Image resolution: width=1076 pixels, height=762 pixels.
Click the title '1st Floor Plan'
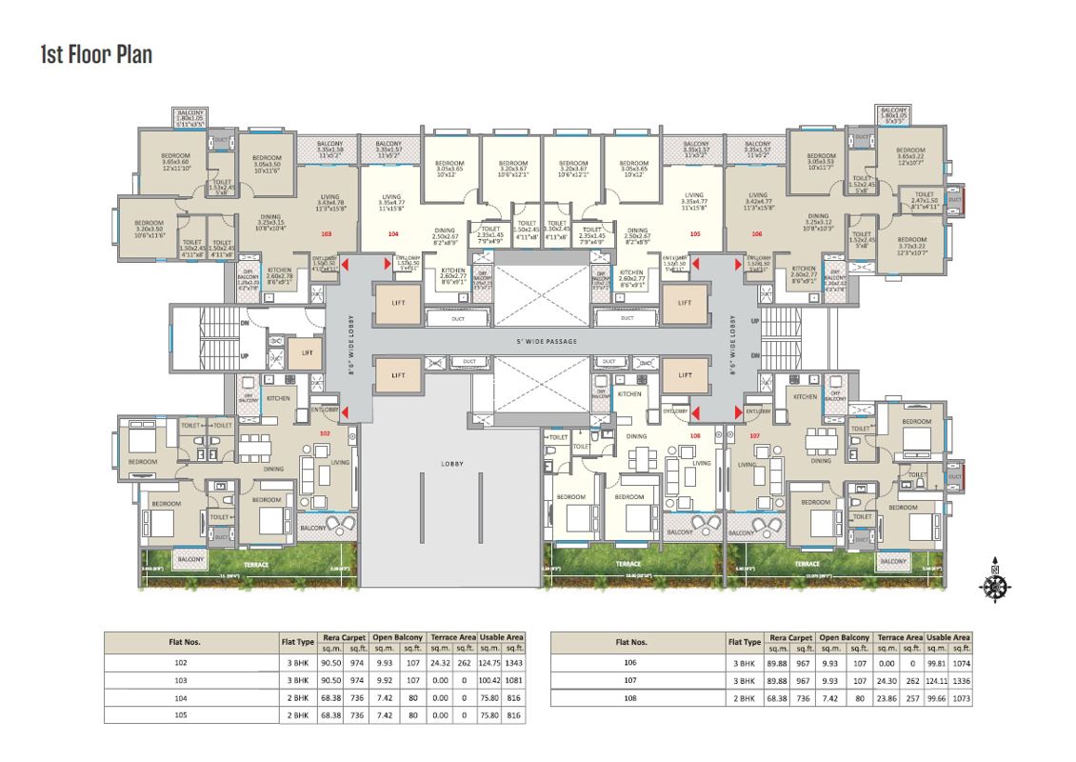(x=96, y=54)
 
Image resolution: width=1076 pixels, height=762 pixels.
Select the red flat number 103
(x=327, y=233)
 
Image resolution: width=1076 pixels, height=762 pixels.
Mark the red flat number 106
(x=756, y=233)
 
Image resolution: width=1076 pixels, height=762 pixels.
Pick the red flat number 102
(x=325, y=433)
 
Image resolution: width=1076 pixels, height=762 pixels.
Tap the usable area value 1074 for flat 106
(x=961, y=663)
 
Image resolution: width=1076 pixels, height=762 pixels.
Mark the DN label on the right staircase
(x=754, y=355)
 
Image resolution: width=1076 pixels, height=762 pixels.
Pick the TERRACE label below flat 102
(x=254, y=565)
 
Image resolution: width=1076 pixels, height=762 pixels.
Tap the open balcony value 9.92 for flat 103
(x=384, y=680)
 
